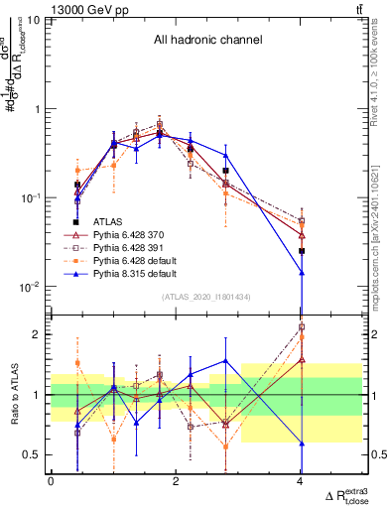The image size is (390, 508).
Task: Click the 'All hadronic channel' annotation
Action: click(x=207, y=41)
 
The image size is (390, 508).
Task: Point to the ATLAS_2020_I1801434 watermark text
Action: click(x=206, y=297)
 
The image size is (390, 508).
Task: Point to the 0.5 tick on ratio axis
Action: click(x=35, y=454)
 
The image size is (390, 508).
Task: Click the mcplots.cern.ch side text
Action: click(x=381, y=228)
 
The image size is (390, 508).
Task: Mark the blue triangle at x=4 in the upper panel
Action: click(x=302, y=272)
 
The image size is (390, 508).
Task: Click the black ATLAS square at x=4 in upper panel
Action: click(x=302, y=251)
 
